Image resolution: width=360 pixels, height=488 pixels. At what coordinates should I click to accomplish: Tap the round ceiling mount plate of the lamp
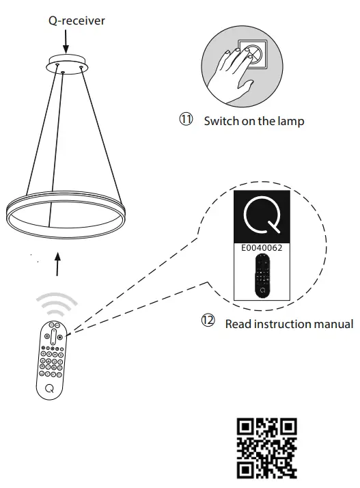tap(64, 65)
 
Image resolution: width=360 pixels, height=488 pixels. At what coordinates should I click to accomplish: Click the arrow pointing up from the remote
tap(57, 264)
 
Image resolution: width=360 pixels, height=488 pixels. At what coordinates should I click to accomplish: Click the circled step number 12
tap(207, 320)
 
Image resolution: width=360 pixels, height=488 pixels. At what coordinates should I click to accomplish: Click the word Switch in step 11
tap(219, 122)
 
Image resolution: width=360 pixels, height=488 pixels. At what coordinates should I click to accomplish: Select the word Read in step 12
tap(238, 324)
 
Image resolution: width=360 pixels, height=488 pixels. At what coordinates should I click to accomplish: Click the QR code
tap(266, 448)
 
